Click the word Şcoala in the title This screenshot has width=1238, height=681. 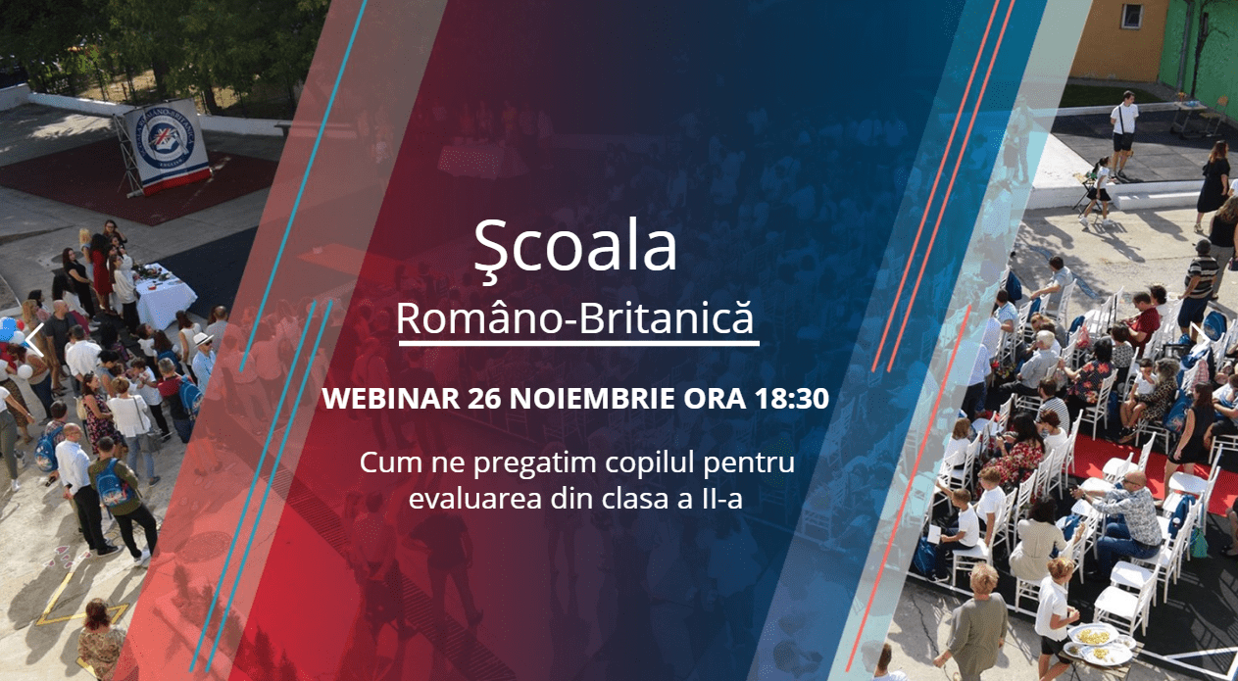tap(575, 249)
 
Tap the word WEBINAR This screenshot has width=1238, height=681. tap(391, 398)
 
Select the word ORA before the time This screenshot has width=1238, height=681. tap(716, 398)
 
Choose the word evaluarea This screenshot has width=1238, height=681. tap(474, 499)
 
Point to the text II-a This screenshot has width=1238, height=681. tap(722, 499)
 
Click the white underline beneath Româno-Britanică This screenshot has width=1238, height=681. tap(578, 344)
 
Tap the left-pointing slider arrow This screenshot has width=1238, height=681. tap(35, 340)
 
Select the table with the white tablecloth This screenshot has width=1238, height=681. tap(164, 297)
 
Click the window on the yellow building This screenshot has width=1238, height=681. tap(1132, 16)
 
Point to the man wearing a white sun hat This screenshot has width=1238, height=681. tap(204, 359)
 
